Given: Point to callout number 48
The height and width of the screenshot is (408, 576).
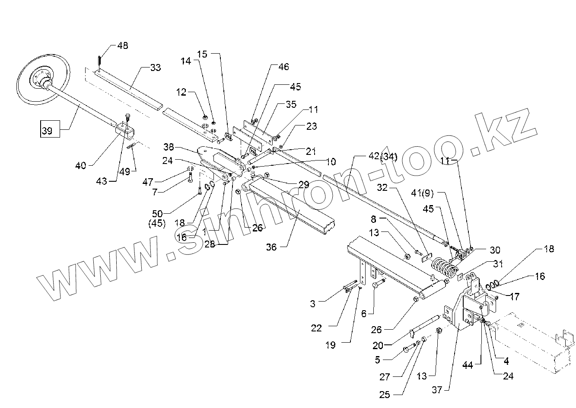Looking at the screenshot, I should pos(123,46).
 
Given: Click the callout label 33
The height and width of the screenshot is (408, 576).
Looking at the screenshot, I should pos(155,67).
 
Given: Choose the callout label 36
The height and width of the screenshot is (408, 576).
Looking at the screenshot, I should pos(271,247).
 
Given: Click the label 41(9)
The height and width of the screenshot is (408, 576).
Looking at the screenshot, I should pos(421,193).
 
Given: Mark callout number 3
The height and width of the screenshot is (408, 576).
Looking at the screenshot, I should pos(312,303).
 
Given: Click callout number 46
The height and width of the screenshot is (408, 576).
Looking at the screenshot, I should pos(283,67).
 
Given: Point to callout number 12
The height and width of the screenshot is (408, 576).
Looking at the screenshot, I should pos(181,92).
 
